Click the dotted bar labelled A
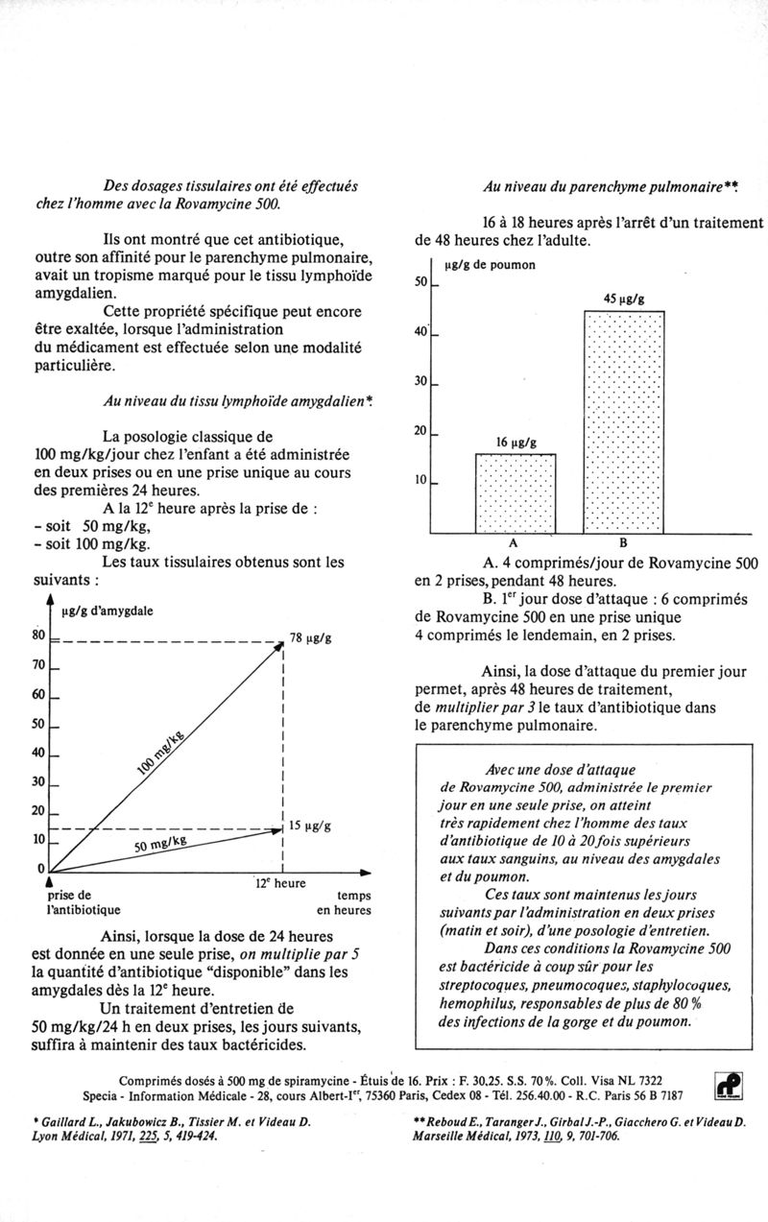coord(516,492)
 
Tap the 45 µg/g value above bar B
coord(623,300)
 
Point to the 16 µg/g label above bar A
coord(516,442)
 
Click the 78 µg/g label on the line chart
coord(311,638)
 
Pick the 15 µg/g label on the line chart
coord(310,825)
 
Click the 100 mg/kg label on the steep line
coord(160,750)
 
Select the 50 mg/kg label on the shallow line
coord(160,844)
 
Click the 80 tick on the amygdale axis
coord(38,635)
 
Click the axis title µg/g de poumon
coord(490,264)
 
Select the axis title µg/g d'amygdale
coord(108,611)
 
